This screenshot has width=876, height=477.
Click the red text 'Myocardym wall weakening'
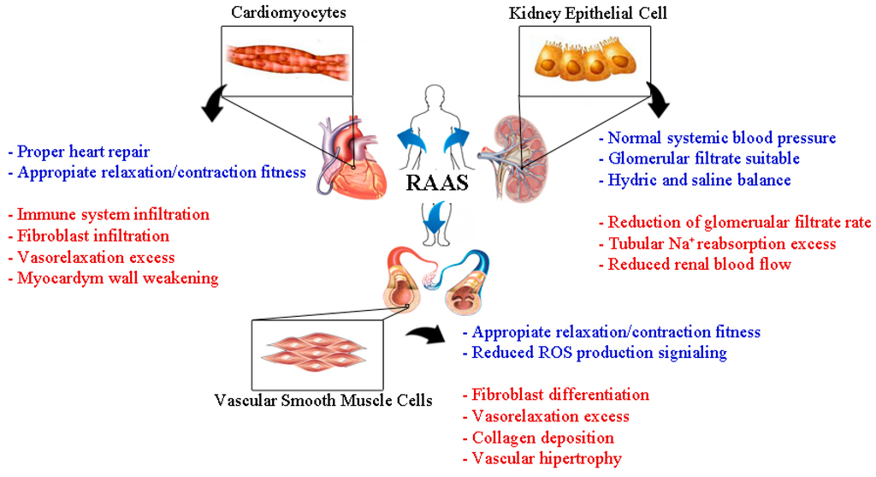(x=113, y=278)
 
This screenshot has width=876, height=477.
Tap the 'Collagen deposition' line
(x=543, y=438)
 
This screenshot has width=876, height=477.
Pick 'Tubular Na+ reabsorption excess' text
(x=717, y=244)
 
